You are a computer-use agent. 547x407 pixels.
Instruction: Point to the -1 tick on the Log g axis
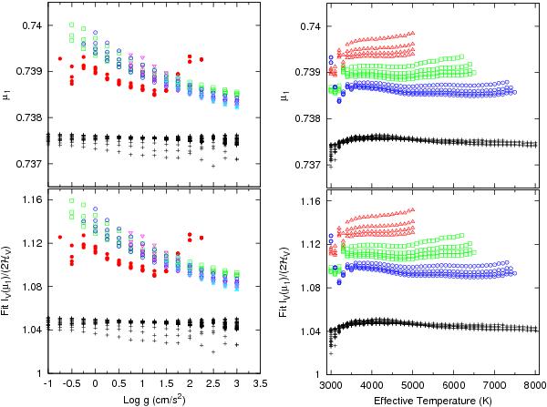pos(46,384)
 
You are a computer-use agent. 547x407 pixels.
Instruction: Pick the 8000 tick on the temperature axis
pos(535,384)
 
